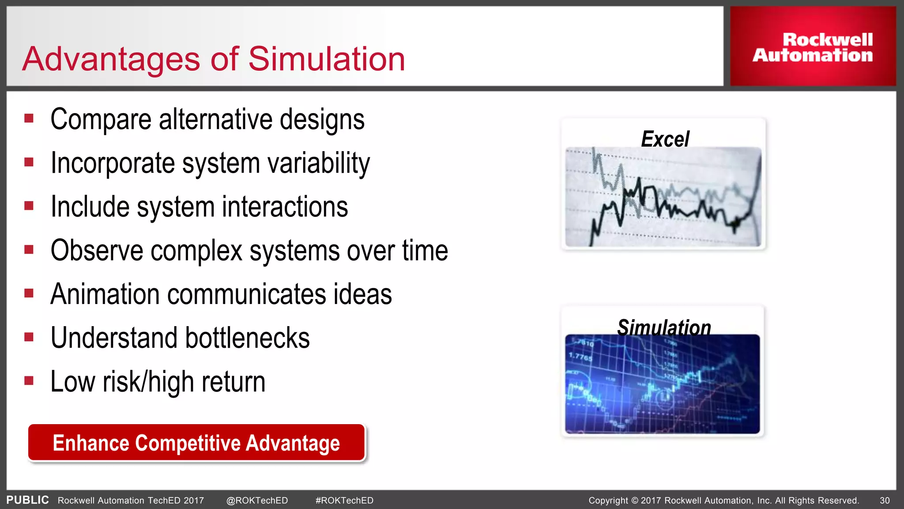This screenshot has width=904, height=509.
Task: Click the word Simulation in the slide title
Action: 327,59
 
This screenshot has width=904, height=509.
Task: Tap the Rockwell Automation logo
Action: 813,47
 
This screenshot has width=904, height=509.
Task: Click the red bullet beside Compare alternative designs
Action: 29,118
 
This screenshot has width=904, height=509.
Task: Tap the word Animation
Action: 105,294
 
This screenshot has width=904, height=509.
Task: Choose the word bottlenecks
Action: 247,338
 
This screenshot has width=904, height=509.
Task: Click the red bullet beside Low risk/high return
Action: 29,380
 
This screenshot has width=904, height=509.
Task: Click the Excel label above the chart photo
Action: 665,139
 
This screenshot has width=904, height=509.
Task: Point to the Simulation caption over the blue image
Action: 664,327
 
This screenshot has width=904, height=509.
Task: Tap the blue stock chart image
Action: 662,384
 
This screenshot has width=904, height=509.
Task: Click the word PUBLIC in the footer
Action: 27,500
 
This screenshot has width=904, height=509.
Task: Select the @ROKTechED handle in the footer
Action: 257,501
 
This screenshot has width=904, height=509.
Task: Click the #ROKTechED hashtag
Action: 344,501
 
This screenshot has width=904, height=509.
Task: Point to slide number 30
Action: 885,501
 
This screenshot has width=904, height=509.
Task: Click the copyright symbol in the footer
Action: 635,501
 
